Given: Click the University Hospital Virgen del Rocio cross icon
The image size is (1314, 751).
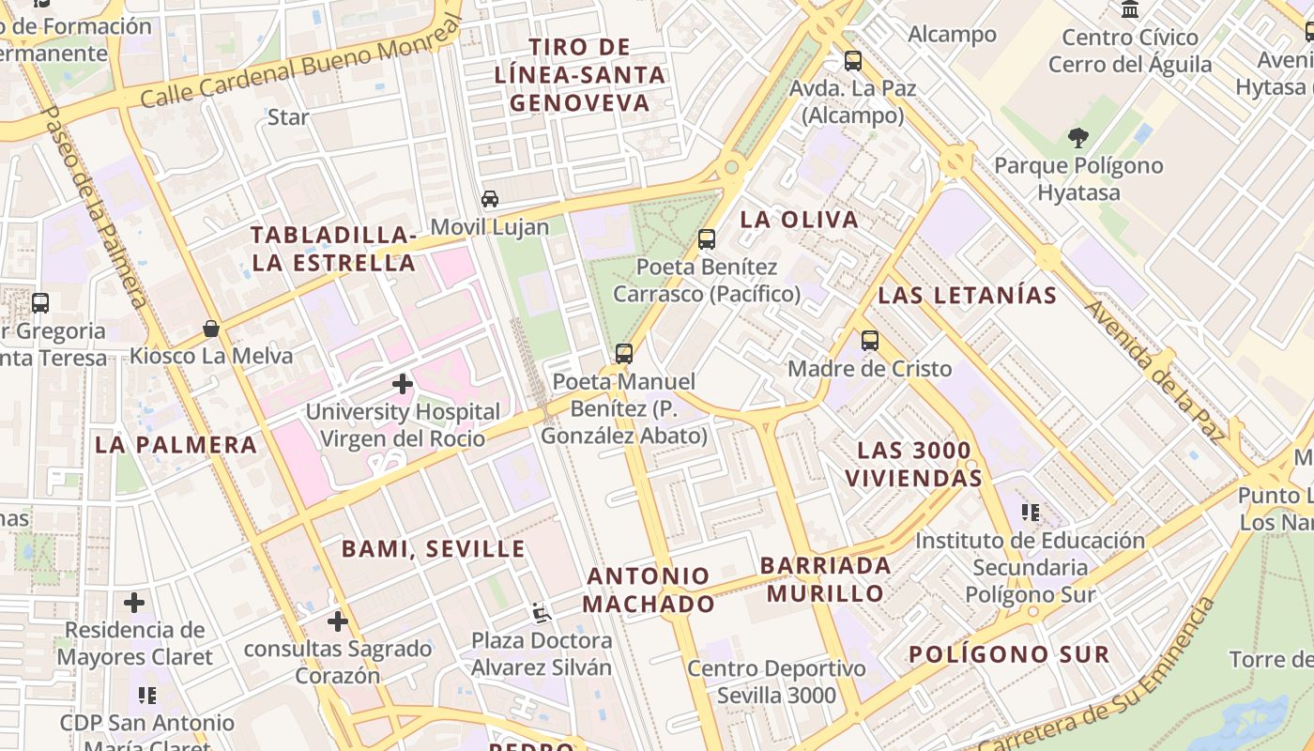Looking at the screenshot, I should tap(403, 384).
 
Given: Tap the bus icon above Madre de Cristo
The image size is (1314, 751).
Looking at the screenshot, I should tap(870, 341).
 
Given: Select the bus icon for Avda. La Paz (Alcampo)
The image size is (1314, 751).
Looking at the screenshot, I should tap(852, 61).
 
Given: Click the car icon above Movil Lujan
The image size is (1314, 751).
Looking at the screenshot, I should tap(490, 199).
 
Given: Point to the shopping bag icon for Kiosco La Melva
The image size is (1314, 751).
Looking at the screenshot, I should tap(211, 329).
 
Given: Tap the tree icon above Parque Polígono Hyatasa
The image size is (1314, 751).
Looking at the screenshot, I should tap(1077, 138).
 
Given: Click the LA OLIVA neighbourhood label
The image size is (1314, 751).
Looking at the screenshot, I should tap(799, 220).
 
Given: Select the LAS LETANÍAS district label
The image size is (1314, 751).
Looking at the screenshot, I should tap(967, 296).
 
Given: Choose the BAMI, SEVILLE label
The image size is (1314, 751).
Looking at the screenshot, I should tap(433, 549).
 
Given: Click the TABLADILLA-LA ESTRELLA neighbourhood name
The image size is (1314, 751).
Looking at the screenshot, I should tap(334, 249).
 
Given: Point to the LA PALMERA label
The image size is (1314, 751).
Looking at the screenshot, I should tap(176, 445).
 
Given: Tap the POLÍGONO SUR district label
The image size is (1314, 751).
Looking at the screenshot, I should tap(1009, 654).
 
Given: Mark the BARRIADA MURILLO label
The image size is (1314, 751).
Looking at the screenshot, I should tap(826, 579).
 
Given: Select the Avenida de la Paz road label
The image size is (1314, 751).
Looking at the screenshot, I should tap(1155, 371).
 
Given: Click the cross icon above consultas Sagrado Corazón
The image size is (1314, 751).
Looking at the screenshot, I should tap(337, 621).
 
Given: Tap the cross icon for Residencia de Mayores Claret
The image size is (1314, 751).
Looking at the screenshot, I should tap(134, 602).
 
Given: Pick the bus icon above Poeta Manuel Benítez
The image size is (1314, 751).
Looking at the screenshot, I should tap(624, 354).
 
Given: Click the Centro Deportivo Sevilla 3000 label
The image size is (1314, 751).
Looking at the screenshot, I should tap(776, 682).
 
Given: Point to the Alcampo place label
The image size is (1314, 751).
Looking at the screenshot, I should tap(952, 35).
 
